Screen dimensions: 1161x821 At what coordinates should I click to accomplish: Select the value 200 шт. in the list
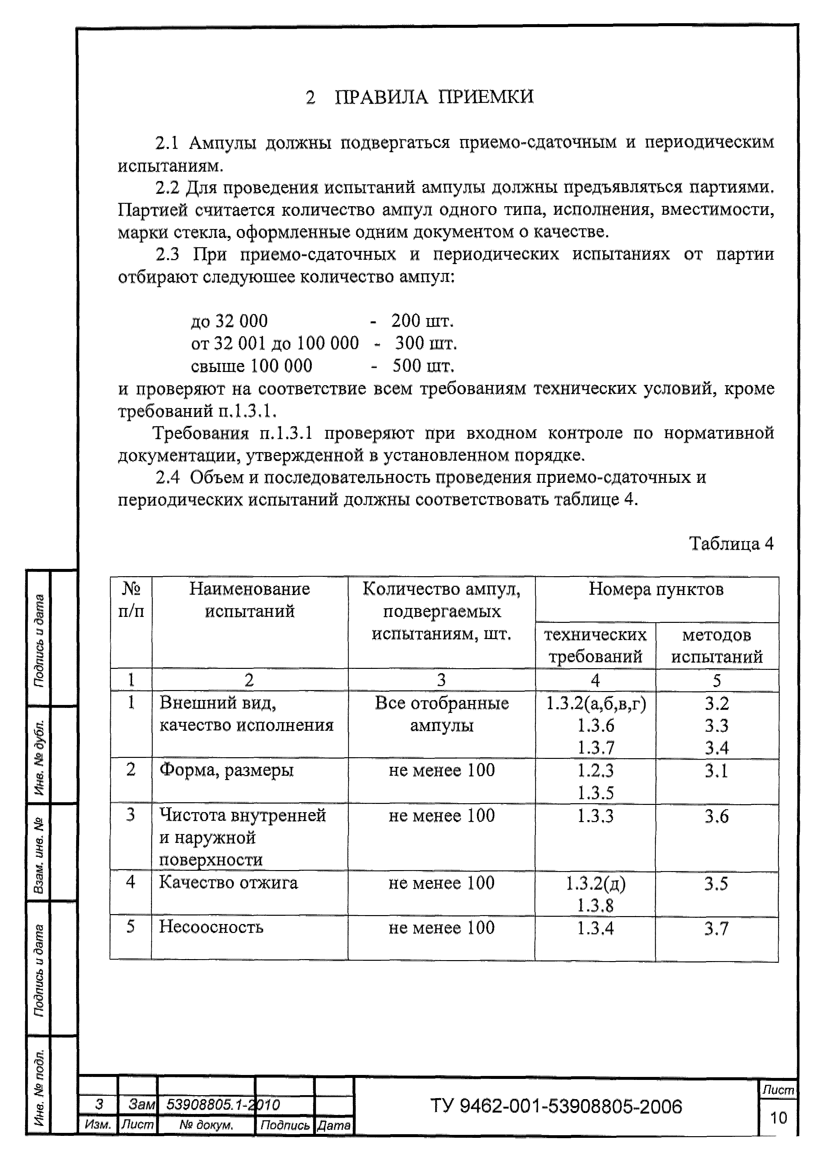click(422, 321)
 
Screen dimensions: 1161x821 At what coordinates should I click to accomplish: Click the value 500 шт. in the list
click(423, 366)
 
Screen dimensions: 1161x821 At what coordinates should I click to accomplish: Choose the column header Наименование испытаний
click(249, 600)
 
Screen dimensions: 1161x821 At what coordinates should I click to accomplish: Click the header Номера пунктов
click(655, 589)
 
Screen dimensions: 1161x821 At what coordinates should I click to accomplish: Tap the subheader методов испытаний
click(716, 646)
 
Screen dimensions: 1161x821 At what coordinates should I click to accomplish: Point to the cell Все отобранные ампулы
click(442, 714)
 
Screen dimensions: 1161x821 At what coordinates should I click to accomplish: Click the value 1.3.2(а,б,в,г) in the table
click(596, 703)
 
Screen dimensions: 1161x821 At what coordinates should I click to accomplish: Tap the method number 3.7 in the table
click(716, 928)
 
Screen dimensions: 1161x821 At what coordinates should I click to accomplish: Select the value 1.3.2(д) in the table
click(595, 883)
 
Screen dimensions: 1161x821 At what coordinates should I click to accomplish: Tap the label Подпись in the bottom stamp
click(285, 1125)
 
